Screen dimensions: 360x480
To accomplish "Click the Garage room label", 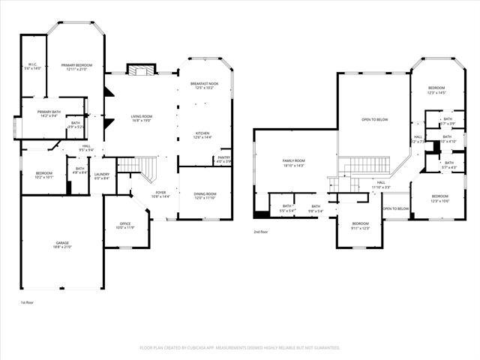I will point(62,244).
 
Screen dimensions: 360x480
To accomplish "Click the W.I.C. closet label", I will point(33,66).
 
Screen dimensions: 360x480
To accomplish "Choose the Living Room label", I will point(142,118).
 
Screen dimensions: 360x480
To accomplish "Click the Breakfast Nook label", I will point(204,85).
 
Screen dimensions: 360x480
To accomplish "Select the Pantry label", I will point(223,159).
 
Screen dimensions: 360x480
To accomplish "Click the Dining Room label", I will point(205,196).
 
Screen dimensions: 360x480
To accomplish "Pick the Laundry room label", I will point(102,175).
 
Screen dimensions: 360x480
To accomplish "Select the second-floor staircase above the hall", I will point(367,163).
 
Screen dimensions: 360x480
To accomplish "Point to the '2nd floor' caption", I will point(261,232).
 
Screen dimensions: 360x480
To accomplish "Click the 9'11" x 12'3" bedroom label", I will point(361,225).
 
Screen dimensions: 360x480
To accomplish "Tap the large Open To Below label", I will point(374,119).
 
